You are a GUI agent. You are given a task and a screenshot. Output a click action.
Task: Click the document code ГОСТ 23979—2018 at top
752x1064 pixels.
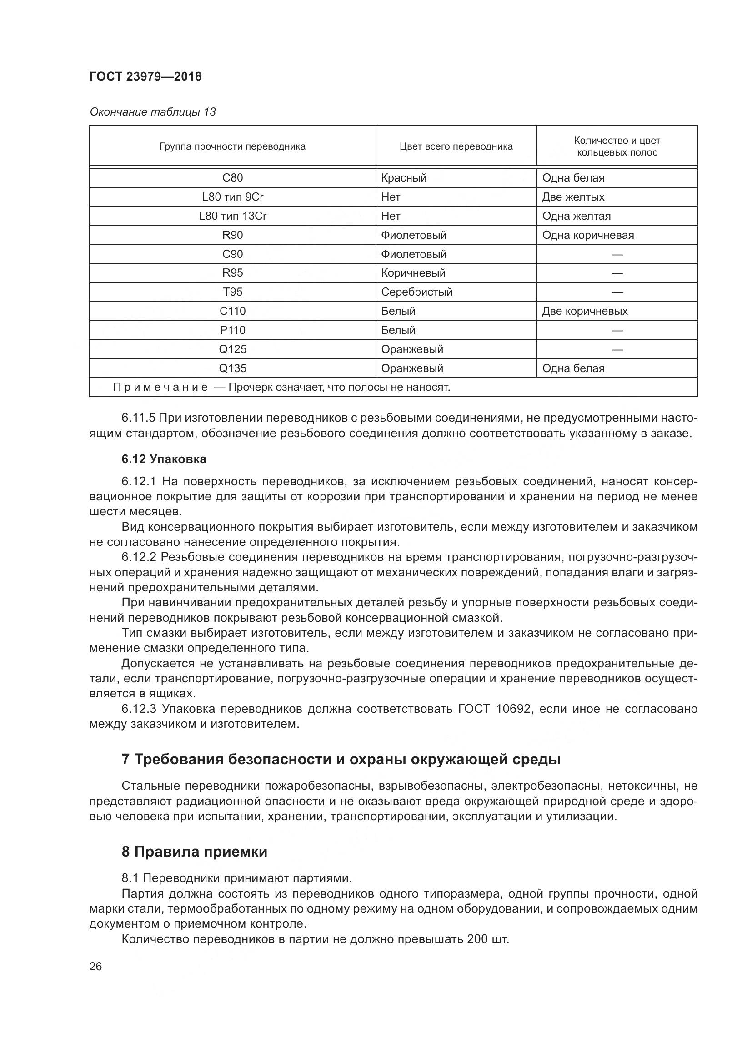[145, 76]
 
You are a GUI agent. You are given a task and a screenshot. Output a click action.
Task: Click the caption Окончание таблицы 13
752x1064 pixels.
[152, 112]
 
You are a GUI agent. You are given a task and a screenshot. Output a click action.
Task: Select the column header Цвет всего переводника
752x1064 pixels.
[456, 146]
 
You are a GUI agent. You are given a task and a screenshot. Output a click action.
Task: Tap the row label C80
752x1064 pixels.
[232, 178]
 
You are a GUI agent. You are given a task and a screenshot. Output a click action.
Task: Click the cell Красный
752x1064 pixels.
[403, 178]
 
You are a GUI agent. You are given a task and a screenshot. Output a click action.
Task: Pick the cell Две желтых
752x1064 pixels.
[573, 197]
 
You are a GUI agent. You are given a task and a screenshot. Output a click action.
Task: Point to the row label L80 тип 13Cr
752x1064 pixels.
[232, 216]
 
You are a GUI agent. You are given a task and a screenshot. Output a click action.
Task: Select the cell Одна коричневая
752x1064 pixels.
[587, 235]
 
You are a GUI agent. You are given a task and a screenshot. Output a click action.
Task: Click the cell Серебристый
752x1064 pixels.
[416, 292]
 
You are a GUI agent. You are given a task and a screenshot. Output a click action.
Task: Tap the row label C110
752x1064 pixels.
[232, 311]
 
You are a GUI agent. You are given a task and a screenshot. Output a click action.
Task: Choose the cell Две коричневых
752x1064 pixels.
[584, 311]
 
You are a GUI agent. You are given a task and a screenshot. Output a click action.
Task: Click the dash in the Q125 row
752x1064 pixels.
[617, 349]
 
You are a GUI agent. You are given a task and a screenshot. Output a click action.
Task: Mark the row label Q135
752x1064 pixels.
[232, 368]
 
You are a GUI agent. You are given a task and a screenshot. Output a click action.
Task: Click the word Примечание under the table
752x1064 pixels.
[160, 388]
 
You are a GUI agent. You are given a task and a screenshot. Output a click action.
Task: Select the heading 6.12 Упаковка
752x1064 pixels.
[164, 459]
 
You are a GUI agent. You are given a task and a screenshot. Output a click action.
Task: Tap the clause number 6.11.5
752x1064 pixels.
[138, 418]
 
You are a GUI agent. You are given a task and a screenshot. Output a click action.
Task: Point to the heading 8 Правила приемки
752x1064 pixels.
[195, 852]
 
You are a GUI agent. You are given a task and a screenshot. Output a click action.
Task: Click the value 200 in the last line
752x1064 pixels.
[477, 939]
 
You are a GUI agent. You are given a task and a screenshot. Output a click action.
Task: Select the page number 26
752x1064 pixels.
[96, 967]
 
